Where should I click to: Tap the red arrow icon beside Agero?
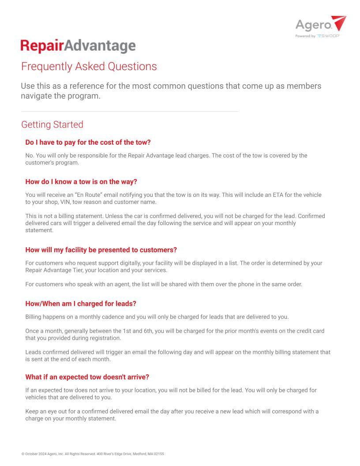pyautogui.click(x=338, y=23)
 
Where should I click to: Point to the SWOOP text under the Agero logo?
pyautogui.click(x=328, y=36)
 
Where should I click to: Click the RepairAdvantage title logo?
pyautogui.click(x=78, y=46)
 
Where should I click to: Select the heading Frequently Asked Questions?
pyautogui.click(x=89, y=67)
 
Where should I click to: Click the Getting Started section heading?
pyautogui.click(x=52, y=124)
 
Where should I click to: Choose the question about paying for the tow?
pyautogui.click(x=88, y=142)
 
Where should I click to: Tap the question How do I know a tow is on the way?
pyautogui.click(x=81, y=181)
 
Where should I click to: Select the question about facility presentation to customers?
pyautogui.click(x=101, y=250)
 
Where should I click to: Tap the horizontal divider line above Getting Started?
pyautogui.click(x=129, y=111)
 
